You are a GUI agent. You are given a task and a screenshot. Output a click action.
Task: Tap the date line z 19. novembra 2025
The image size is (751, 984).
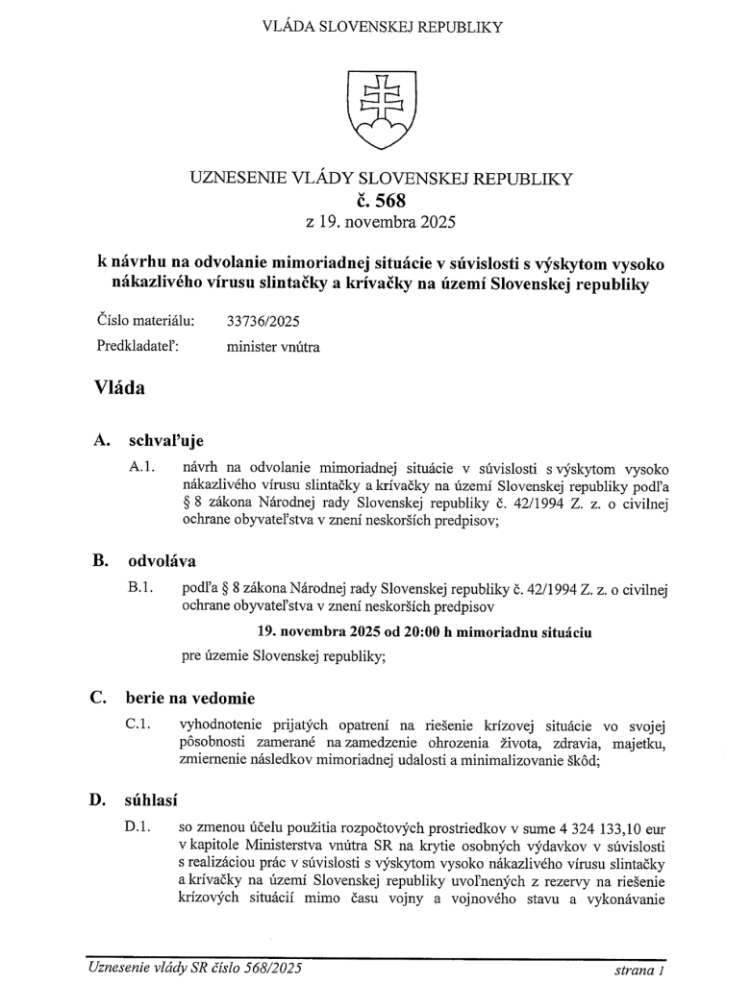click(381, 224)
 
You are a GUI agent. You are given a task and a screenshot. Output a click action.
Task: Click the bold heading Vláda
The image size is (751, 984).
click(119, 388)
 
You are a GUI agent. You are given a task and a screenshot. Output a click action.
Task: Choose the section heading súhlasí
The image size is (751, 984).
click(152, 799)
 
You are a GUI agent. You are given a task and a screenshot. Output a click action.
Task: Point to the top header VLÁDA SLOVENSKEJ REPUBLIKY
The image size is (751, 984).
click(381, 26)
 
